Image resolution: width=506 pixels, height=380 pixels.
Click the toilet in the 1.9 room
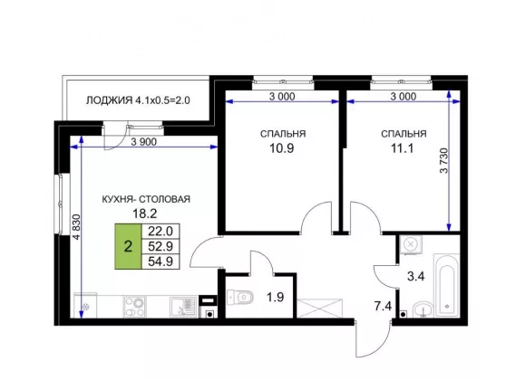[239, 297]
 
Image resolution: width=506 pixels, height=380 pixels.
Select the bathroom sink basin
[423, 309]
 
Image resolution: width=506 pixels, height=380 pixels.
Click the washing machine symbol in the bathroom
[411, 244]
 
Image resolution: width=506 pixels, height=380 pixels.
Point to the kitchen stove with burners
[135, 307]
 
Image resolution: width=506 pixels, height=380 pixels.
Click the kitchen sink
[183, 307]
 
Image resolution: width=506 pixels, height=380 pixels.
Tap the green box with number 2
[128, 246]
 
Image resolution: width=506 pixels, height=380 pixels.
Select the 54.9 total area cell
[161, 261]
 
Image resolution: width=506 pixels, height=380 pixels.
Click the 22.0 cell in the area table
[161, 232]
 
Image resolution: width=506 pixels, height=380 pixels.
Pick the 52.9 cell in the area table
[161, 246]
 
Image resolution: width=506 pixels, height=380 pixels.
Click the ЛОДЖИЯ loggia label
[138, 100]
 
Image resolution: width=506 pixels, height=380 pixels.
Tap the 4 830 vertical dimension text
[76, 227]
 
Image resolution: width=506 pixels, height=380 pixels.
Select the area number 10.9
[282, 148]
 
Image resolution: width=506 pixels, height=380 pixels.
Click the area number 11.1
[403, 148]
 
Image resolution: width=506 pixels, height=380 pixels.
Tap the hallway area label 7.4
[383, 306]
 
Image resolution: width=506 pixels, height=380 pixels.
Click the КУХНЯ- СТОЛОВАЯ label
[146, 199]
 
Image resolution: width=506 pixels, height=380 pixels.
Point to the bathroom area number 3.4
[415, 276]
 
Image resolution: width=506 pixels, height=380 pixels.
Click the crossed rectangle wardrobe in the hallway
[319, 309]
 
